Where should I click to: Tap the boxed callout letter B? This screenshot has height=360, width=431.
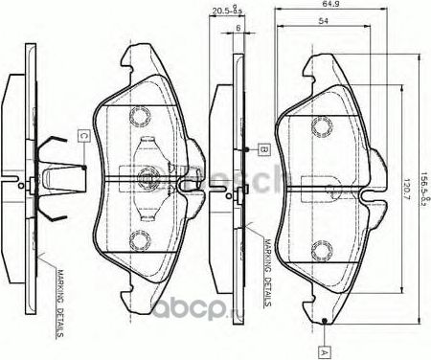(261, 149)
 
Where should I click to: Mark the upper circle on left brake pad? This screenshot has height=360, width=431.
(143, 116)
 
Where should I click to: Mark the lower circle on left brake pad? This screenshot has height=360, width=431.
(143, 240)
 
